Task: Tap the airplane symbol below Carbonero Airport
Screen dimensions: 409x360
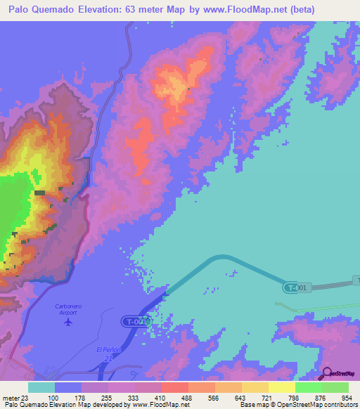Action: [x=67, y=322]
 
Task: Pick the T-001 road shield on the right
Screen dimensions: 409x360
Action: [x=296, y=287]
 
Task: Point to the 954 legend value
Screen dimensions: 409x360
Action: [x=345, y=397]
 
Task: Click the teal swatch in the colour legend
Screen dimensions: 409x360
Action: [x=41, y=387]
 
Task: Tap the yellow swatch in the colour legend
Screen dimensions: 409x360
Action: [x=282, y=387]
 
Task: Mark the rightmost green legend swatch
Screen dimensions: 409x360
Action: [x=335, y=387]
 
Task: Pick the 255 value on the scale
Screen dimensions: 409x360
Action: [x=106, y=397]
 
